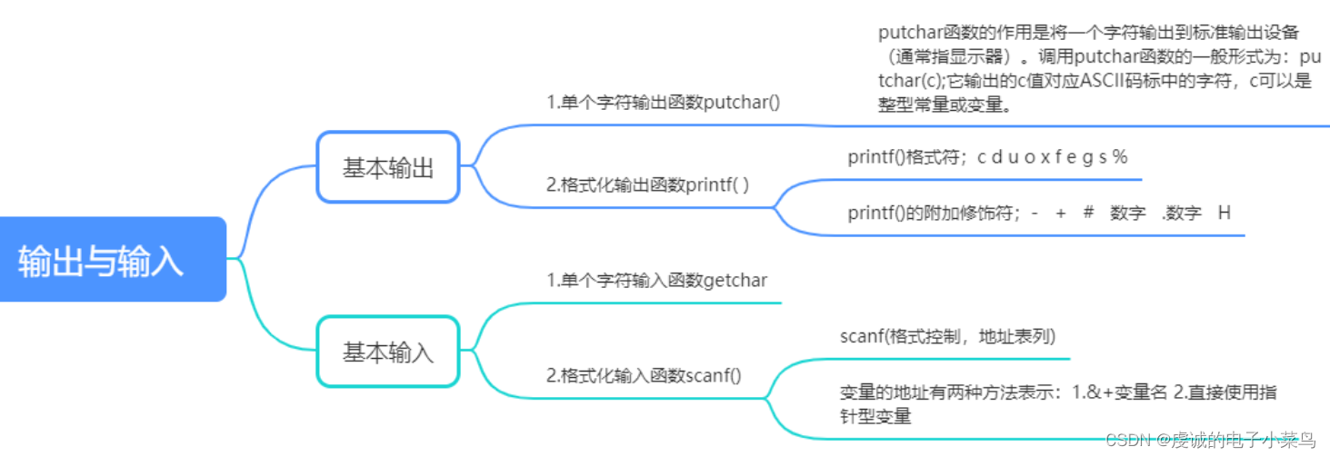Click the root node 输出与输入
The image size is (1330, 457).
tap(101, 260)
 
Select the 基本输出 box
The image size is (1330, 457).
tap(388, 167)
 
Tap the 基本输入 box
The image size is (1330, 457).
tap(388, 353)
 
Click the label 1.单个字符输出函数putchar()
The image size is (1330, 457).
tap(663, 102)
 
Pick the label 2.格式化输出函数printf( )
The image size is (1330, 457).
tap(647, 184)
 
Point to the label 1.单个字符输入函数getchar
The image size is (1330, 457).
tap(656, 280)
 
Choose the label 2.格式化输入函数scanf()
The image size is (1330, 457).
tap(644, 374)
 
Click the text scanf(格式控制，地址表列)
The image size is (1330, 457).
tap(947, 336)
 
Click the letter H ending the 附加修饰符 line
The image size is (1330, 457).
tap(1224, 214)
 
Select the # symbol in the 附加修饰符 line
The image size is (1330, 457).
tap(1088, 214)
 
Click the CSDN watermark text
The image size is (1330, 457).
tap(1209, 440)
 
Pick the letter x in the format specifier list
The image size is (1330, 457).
tap(1045, 157)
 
